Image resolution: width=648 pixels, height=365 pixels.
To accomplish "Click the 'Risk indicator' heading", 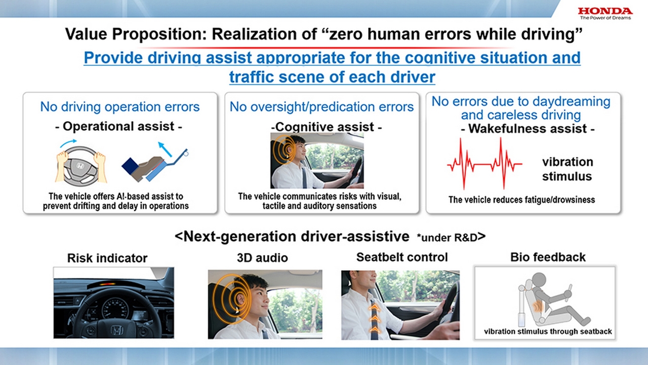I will click(107, 258).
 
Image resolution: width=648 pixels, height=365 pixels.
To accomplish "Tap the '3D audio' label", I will click(262, 258).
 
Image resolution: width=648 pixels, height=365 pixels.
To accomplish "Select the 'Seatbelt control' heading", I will click(402, 257).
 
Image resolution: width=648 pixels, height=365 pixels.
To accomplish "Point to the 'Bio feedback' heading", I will click(548, 257).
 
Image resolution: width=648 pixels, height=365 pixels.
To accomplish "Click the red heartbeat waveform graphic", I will click(484, 164).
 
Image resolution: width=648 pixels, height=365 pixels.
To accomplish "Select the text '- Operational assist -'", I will click(118, 126).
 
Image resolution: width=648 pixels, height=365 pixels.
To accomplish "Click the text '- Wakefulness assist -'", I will click(528, 129).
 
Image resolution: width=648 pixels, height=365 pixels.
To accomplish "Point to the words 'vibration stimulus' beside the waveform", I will click(567, 169).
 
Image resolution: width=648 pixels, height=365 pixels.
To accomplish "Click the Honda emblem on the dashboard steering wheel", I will click(116, 331).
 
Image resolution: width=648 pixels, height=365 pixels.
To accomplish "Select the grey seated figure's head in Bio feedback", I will click(538, 279).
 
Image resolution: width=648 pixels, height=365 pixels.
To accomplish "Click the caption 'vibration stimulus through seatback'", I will click(548, 332).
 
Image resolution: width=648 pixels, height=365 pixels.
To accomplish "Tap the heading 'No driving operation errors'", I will click(120, 107).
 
